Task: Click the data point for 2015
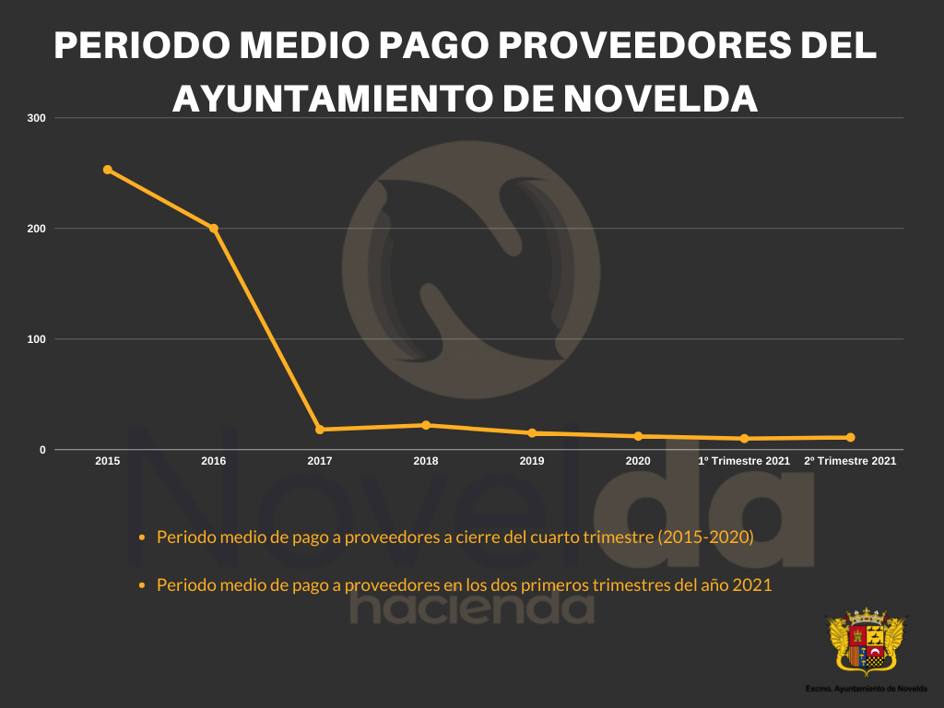click(x=108, y=170)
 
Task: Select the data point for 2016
click(x=214, y=228)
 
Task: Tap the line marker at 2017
click(x=320, y=430)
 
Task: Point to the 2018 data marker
click(x=426, y=425)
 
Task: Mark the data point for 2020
click(x=638, y=436)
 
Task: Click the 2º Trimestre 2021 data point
click(x=850, y=437)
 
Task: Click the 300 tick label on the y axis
click(x=38, y=118)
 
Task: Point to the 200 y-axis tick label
click(x=38, y=229)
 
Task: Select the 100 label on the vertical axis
click(x=38, y=339)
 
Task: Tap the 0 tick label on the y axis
click(x=42, y=450)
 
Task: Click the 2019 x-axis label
click(x=532, y=460)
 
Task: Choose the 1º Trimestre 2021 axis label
click(x=744, y=460)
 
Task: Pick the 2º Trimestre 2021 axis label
click(x=850, y=460)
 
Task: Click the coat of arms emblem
click(x=866, y=642)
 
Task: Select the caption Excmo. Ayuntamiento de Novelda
click(x=866, y=689)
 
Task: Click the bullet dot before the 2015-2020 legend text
click(x=141, y=537)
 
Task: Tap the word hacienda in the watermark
click(x=472, y=608)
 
